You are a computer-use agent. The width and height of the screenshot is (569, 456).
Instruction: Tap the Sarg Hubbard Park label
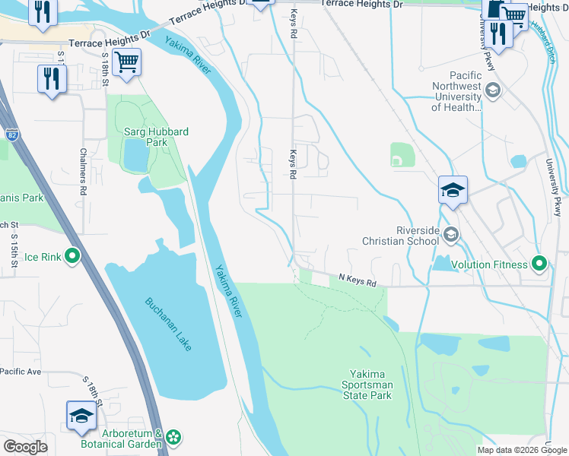[x=156, y=137]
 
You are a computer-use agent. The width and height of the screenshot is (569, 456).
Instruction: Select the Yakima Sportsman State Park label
[x=370, y=385]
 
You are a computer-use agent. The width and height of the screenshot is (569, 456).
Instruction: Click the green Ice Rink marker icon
[x=72, y=257]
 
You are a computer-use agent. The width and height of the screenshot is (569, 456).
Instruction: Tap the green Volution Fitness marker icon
[x=539, y=264]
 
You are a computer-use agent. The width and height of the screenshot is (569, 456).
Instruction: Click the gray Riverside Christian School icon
[x=452, y=235]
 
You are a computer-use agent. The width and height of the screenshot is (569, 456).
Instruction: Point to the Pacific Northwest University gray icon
[x=493, y=91]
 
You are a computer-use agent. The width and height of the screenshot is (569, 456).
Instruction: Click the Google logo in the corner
[x=26, y=446]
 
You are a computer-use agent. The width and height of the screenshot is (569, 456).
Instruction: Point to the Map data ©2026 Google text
[x=522, y=450]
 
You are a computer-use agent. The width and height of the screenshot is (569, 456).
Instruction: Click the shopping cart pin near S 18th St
[x=126, y=62]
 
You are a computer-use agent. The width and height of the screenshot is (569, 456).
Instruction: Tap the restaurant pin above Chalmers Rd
[x=52, y=78]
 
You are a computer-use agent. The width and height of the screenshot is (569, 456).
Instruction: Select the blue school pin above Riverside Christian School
[x=453, y=190]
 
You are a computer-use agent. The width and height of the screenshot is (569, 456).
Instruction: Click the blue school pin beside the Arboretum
[x=81, y=415]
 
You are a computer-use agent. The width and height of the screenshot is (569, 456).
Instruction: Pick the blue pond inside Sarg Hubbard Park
[x=135, y=156]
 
